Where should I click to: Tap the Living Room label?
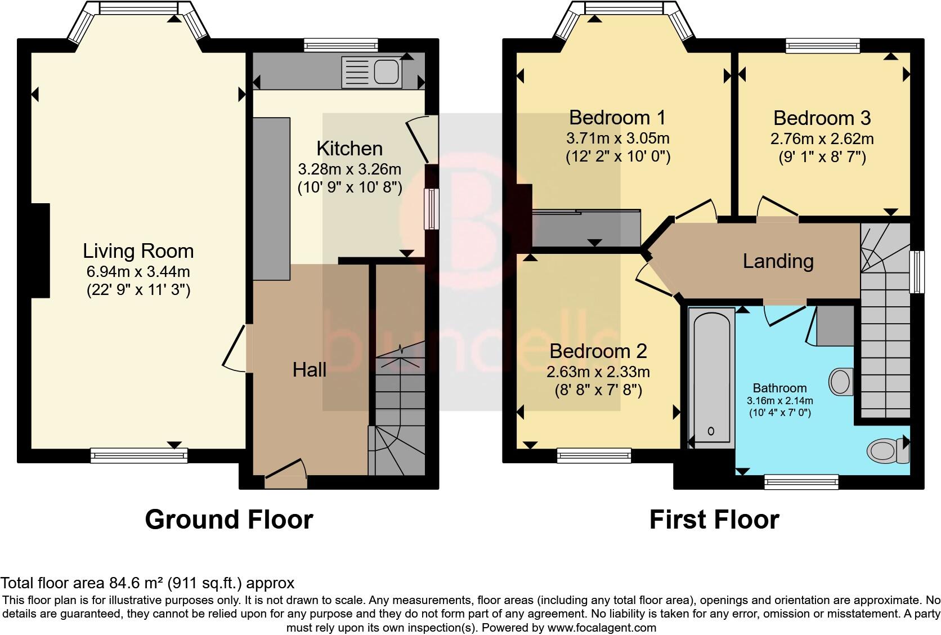[x=138, y=251]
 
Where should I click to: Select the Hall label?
[x=310, y=370]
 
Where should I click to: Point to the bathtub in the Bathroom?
[x=711, y=377]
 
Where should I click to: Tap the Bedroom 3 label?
[x=822, y=118]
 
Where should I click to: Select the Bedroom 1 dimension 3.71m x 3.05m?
[x=617, y=138]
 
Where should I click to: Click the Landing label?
[x=778, y=261]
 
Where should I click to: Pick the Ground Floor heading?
[x=228, y=519]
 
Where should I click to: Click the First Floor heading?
[x=714, y=519]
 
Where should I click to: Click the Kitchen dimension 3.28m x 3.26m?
[x=349, y=169]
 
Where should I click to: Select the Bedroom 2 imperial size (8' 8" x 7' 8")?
[x=598, y=390]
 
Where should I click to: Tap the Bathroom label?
[x=779, y=388]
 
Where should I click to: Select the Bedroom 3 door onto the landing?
[x=777, y=209]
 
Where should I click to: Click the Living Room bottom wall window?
[x=139, y=455]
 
